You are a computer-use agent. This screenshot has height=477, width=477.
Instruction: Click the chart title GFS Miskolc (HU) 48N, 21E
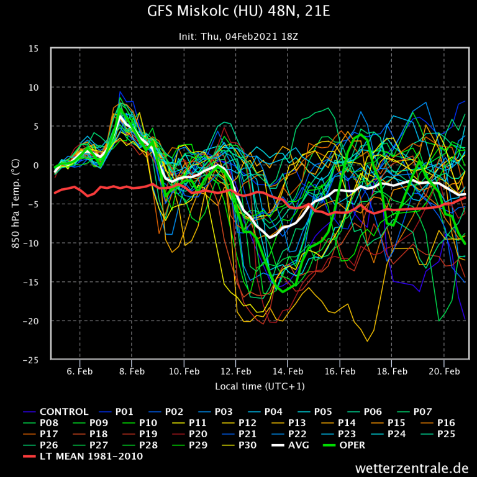pos(238,12)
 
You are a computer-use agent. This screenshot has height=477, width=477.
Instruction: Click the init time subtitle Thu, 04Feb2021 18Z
pos(238,36)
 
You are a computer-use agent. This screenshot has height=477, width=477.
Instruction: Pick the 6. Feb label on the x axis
pos(80,371)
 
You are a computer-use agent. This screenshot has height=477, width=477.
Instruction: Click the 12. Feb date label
pos(236,371)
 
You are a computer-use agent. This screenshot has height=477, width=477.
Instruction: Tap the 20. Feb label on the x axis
pos(444,371)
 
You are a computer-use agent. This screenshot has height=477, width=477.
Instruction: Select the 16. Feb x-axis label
pos(340,371)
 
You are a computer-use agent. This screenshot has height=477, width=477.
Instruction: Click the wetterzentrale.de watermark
pos(412,468)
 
